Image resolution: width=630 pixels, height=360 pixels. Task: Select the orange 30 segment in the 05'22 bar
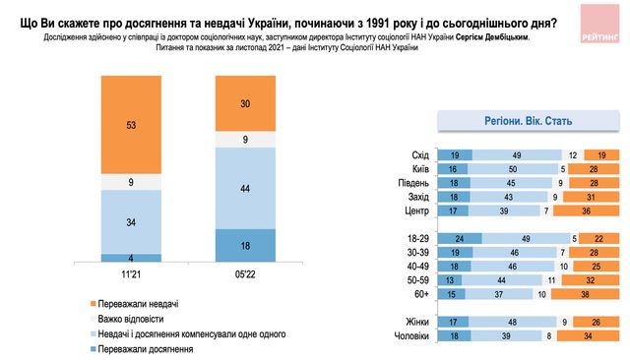pos(245,102)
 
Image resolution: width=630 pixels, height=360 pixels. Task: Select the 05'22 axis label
pos(245,274)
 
